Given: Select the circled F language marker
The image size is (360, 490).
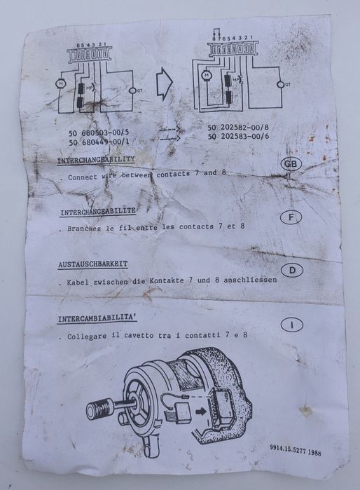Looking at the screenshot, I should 291,218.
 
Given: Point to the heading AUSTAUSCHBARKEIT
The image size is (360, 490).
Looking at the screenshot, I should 93,264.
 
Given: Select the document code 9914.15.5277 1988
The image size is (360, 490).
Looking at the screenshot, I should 295,452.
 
